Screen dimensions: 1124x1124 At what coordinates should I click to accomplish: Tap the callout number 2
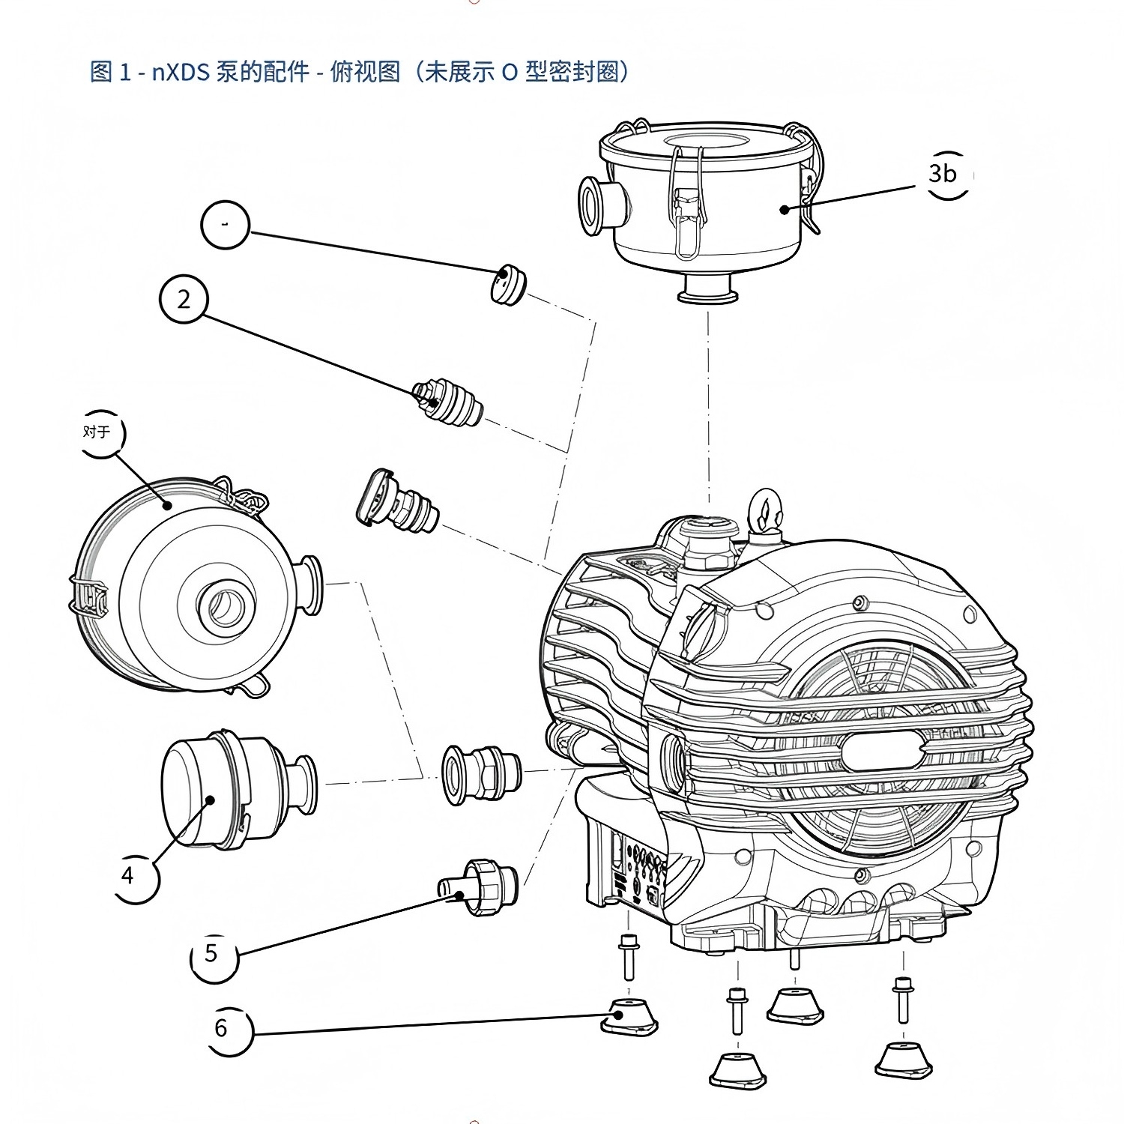point(184,300)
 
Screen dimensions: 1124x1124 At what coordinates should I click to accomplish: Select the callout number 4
point(129,875)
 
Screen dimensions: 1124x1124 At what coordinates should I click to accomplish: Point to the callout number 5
point(211,953)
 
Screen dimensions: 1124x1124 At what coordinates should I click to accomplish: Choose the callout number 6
point(221,1027)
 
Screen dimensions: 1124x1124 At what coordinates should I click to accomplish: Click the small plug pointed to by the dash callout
point(508,285)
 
